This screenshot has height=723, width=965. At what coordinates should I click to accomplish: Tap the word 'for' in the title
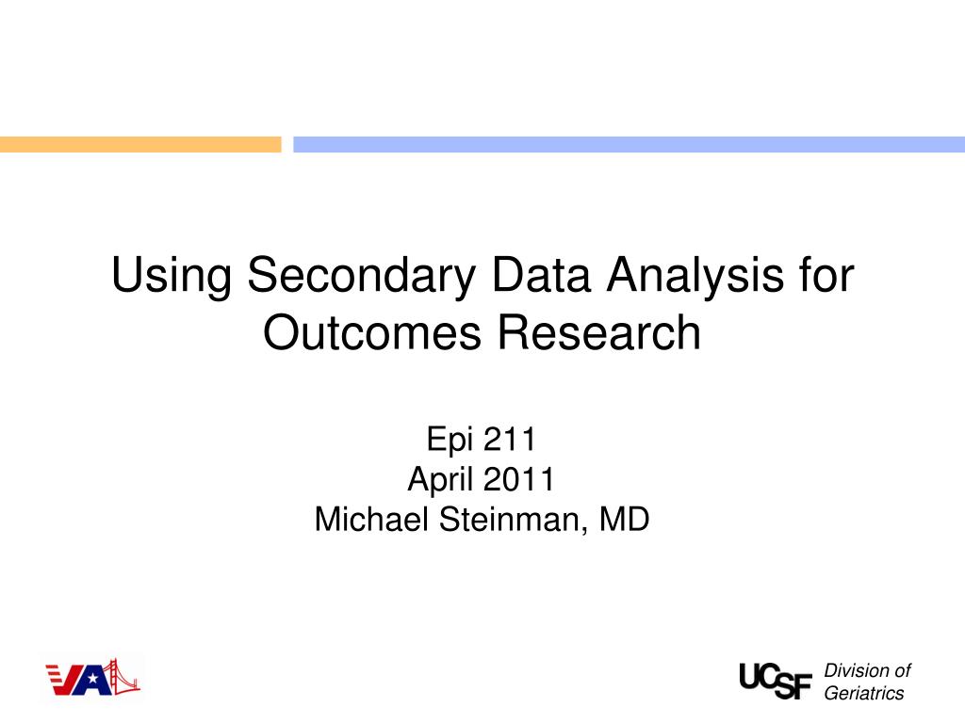(x=826, y=277)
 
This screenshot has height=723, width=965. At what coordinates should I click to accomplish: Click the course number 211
(x=509, y=440)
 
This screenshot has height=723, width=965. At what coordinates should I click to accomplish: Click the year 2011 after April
(x=519, y=479)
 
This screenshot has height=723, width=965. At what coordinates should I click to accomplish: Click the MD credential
(x=624, y=519)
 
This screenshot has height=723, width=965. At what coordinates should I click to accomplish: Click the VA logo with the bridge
(x=92, y=678)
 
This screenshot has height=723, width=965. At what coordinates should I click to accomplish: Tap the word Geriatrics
(x=863, y=694)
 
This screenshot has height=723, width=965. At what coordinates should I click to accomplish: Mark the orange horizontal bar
(x=140, y=144)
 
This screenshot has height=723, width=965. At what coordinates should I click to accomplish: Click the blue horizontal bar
(x=629, y=144)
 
